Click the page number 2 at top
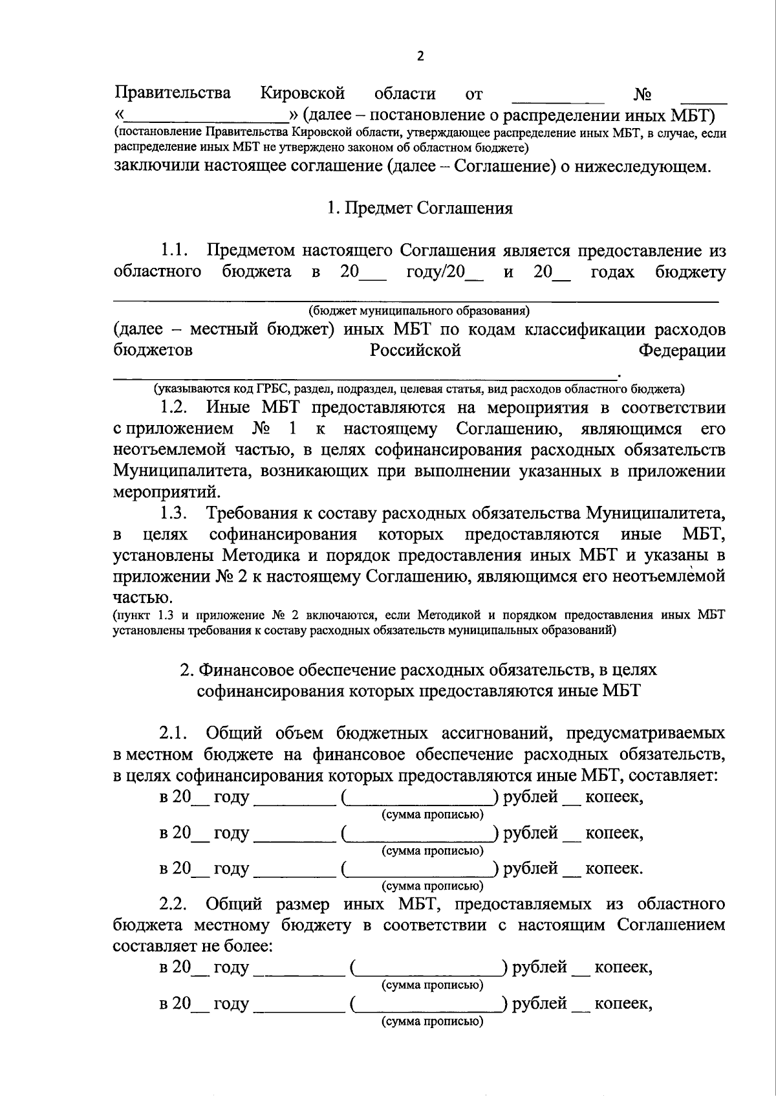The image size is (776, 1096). click(x=420, y=56)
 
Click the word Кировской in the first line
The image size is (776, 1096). click(x=303, y=93)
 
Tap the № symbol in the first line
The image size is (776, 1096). click(x=641, y=95)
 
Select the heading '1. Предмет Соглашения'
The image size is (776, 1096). click(x=420, y=208)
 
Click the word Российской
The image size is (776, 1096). click(x=415, y=351)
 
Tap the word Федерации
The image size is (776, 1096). click(x=682, y=351)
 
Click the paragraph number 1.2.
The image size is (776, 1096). click(x=174, y=408)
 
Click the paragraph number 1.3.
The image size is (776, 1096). click(x=174, y=514)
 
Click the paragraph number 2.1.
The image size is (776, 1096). click(x=174, y=734)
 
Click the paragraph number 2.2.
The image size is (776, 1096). click(x=174, y=904)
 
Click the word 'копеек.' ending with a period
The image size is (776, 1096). click(x=614, y=869)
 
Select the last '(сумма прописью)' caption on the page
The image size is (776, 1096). click(x=433, y=1021)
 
